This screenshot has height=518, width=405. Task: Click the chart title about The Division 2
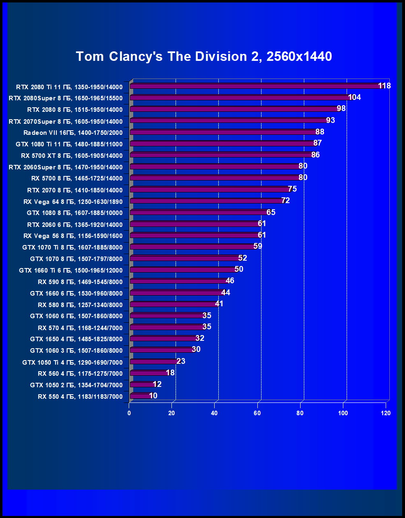204,56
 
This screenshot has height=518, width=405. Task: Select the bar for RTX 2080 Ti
255,86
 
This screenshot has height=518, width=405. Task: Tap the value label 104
354,97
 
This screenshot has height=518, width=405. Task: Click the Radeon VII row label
73,132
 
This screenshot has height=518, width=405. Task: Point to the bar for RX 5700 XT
221,155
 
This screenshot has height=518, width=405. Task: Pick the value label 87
317,143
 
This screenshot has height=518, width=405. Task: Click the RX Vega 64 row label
73,201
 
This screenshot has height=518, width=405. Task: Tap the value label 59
258,246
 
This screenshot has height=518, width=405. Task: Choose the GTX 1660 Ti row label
71,270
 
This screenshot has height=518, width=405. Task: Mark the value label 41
219,304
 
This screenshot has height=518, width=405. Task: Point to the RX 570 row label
80,328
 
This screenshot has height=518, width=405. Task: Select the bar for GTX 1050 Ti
153,362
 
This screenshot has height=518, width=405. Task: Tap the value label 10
153,396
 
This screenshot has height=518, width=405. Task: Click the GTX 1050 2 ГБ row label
76,385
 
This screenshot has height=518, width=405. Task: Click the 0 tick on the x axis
129,413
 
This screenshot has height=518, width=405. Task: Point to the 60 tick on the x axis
257,413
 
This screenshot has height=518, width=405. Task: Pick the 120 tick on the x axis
386,413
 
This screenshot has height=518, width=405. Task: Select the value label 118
384,86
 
